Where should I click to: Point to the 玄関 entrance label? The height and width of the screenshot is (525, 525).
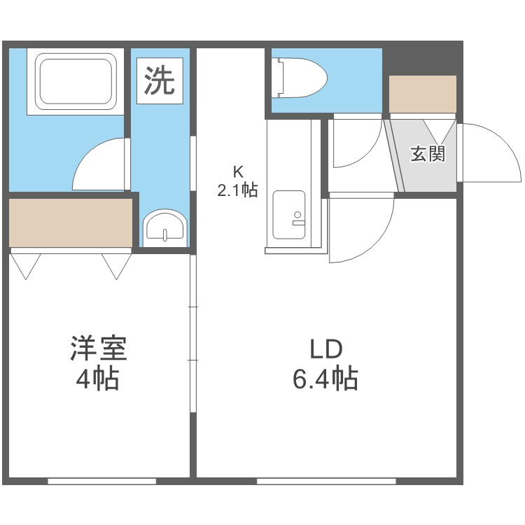click(x=428, y=153)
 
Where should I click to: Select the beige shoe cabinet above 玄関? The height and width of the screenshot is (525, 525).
click(x=422, y=93)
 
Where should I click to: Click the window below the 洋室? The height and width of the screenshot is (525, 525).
click(x=101, y=481)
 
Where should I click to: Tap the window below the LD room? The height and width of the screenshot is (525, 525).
click(x=325, y=481)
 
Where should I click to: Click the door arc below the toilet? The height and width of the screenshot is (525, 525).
click(x=355, y=143)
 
